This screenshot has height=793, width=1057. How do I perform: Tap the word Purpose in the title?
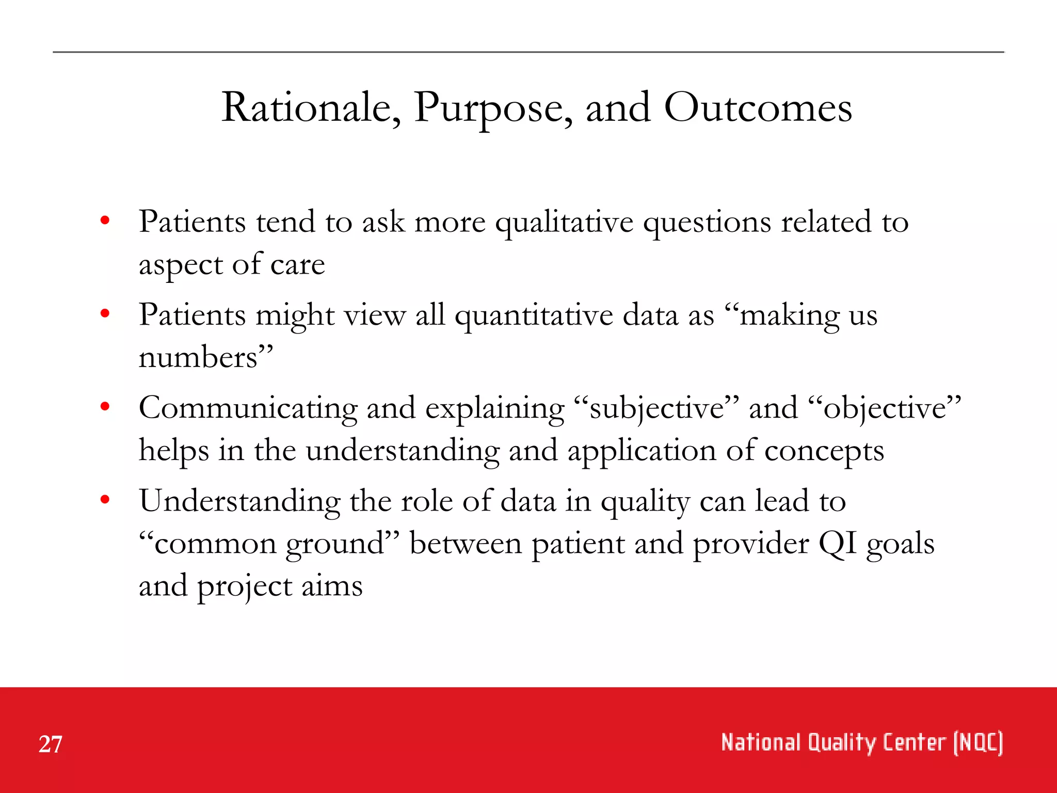(x=493, y=108)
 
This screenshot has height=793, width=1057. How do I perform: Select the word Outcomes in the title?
(x=758, y=108)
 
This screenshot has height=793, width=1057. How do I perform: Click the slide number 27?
(x=50, y=744)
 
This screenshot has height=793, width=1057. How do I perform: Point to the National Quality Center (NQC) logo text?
(x=861, y=743)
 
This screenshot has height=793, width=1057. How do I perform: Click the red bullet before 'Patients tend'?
(x=105, y=221)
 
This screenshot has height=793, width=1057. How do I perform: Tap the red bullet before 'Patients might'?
(x=105, y=313)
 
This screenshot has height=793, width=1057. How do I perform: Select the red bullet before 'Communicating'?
(x=105, y=407)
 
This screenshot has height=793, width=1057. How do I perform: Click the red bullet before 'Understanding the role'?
(x=105, y=500)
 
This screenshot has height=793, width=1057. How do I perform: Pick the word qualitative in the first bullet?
(x=564, y=223)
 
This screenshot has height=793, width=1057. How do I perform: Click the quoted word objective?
(x=885, y=409)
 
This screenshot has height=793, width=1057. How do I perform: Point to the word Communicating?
(x=248, y=409)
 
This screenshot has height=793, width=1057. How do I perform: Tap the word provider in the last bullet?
(x=750, y=544)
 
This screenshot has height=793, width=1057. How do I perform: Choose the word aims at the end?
(x=332, y=586)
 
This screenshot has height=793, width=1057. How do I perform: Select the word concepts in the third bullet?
(x=824, y=451)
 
